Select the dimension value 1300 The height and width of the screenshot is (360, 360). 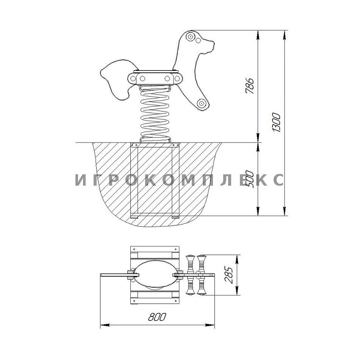pos(277,122)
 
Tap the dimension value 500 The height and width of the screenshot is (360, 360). pos(250,180)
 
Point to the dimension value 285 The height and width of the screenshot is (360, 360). pos(230,275)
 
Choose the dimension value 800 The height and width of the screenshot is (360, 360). pos(157,317)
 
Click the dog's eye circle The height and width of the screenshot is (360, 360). pos(198,41)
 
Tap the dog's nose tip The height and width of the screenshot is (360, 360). pos(213,44)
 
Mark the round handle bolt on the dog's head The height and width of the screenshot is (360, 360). pos(190,36)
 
